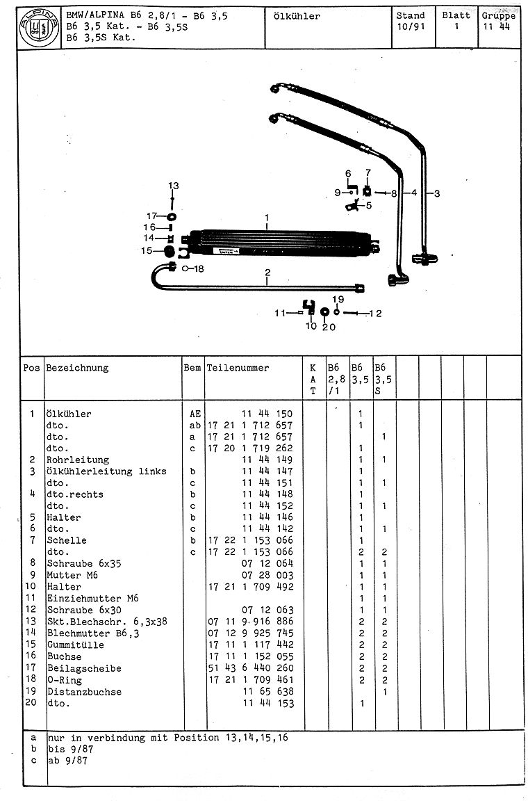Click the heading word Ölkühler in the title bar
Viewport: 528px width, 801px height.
coord(298,16)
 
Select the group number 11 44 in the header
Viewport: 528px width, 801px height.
coord(497,26)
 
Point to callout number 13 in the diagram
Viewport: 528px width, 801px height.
coord(173,186)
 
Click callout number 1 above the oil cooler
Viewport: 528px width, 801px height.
coord(267,218)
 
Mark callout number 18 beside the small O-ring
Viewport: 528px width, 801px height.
coord(199,268)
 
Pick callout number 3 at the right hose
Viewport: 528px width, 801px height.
coord(436,194)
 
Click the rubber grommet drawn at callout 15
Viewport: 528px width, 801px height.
coord(168,250)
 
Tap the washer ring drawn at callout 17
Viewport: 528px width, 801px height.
coord(171,216)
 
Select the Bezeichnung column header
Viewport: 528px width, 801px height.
coord(77,368)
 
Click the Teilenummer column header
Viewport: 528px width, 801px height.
coord(238,368)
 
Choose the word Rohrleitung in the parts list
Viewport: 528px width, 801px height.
coord(78,460)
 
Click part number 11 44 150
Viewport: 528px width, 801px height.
coord(267,414)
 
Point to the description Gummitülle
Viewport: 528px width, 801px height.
coord(76,645)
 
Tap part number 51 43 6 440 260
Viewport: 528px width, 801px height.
coord(251,668)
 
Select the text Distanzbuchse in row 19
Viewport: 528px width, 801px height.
coord(84,691)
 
